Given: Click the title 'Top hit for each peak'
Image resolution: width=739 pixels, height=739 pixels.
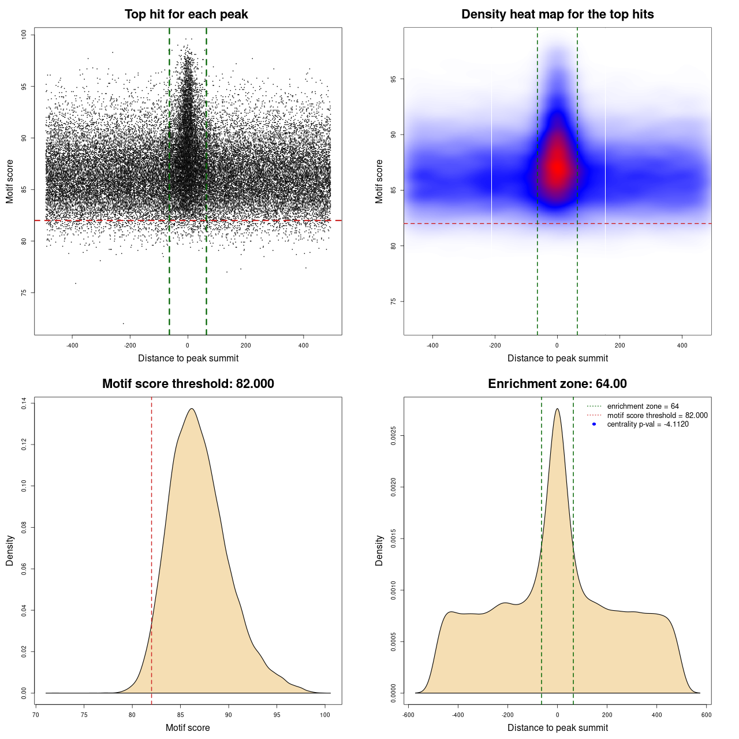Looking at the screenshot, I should [186, 14].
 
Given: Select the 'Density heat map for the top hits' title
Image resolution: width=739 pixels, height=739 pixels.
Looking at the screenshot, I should [557, 14].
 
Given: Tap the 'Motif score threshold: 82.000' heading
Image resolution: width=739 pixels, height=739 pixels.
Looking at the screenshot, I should [188, 384].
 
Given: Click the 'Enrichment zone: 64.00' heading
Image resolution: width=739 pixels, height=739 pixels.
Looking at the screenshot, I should [557, 384].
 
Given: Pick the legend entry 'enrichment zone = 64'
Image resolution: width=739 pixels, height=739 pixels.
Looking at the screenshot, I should [643, 406].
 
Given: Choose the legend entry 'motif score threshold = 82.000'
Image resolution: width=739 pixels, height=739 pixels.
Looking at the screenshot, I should [657, 415].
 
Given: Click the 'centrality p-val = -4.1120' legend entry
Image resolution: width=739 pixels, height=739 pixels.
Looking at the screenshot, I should [648, 424].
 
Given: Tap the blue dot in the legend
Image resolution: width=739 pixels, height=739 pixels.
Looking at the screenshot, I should [594, 424].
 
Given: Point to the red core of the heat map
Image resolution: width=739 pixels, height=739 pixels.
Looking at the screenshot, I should [557, 166].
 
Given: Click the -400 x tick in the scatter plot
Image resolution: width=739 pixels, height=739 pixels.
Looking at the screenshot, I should [72, 345].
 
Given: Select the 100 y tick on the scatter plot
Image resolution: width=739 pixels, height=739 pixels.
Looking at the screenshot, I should [24, 35].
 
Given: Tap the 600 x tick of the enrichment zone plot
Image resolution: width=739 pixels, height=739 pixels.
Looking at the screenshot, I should [706, 715].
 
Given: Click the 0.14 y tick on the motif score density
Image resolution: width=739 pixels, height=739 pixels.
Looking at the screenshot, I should [24, 403].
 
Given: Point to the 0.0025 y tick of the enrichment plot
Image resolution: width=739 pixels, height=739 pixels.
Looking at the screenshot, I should [393, 436].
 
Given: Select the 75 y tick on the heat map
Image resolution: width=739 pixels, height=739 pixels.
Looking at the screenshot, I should [393, 301].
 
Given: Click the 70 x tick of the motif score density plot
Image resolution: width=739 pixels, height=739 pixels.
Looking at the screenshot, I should [36, 715].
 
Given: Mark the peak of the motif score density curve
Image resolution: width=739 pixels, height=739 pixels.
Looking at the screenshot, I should [191, 409].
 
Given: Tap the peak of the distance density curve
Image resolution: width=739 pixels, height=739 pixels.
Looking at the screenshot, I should [557, 409].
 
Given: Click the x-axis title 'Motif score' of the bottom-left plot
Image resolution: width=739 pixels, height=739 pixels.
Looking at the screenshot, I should [188, 727].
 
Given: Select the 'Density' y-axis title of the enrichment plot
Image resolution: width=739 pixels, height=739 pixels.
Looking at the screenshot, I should [379, 550].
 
